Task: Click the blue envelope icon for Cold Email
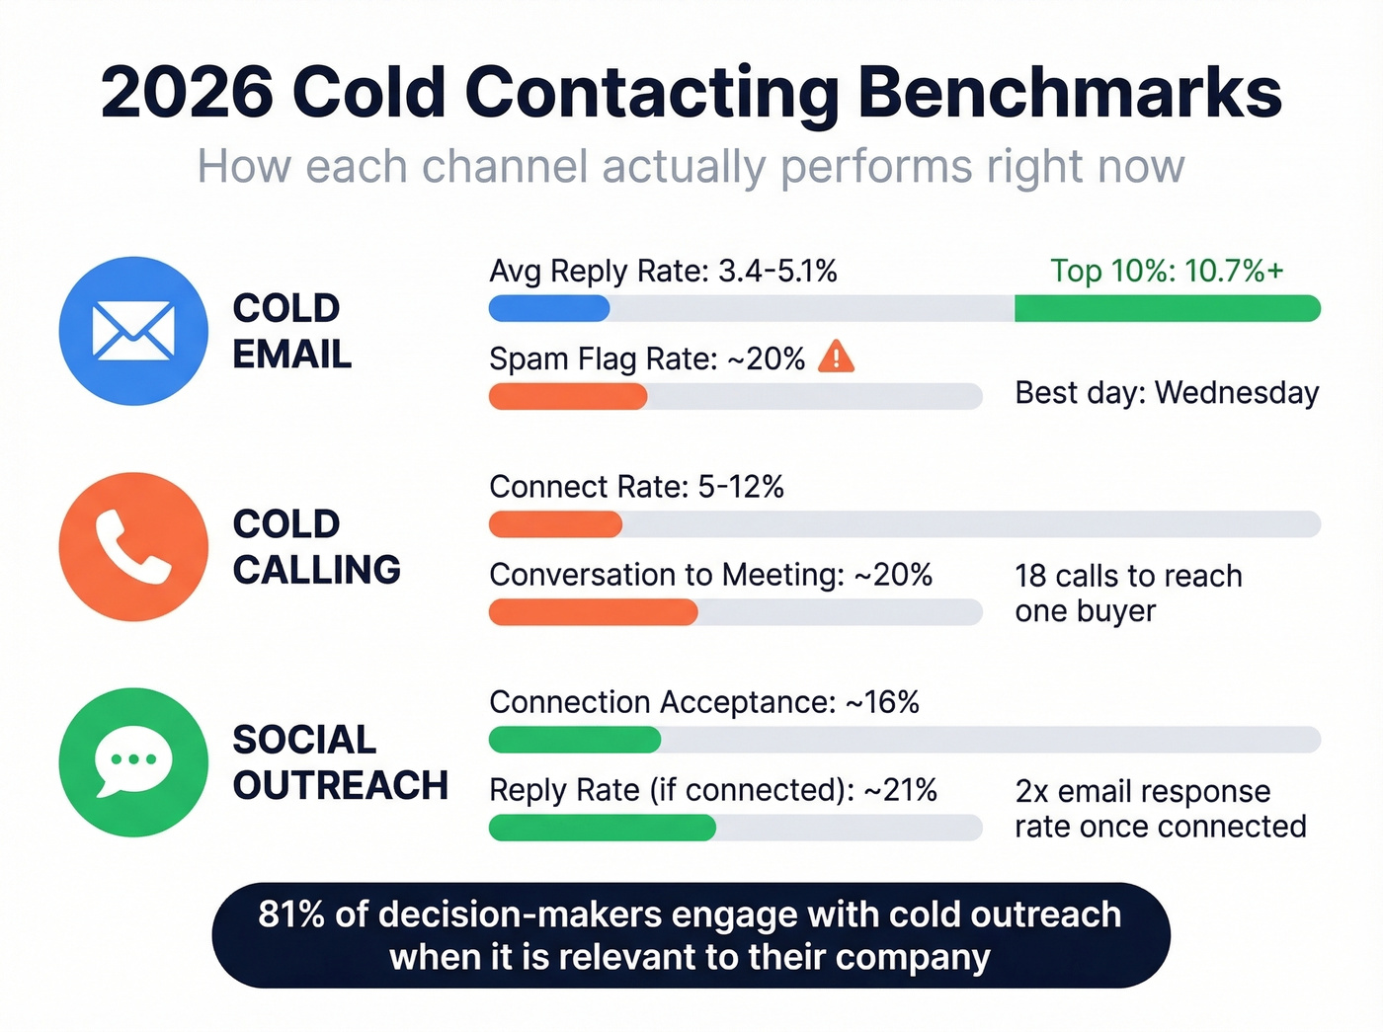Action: click(x=133, y=331)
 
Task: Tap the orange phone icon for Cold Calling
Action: click(x=133, y=546)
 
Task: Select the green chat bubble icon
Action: click(x=133, y=762)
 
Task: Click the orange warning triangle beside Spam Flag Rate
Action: click(x=836, y=357)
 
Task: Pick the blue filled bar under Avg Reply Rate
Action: click(x=549, y=309)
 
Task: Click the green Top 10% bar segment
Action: click(x=1167, y=309)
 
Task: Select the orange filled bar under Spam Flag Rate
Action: click(x=568, y=397)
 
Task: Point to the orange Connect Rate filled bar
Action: click(x=555, y=524)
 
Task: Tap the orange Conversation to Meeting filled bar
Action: click(x=593, y=612)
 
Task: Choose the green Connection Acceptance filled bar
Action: click(x=575, y=740)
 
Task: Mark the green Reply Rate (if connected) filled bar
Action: click(x=602, y=828)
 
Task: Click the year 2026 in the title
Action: click(x=187, y=93)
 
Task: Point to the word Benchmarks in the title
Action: click(x=1069, y=93)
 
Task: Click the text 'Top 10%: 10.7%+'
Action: click(x=1167, y=271)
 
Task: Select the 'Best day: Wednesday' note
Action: click(x=1167, y=393)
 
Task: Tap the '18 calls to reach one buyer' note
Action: click(x=1128, y=594)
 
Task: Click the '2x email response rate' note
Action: click(x=1160, y=809)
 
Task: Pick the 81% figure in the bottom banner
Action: click(x=291, y=914)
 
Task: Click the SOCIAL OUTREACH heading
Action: click(x=340, y=762)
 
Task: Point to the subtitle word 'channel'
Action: click(x=507, y=166)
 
